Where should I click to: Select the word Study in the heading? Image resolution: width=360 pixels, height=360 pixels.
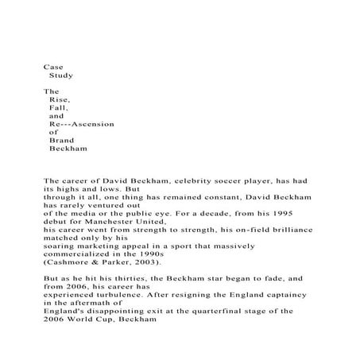[x=61, y=75]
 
